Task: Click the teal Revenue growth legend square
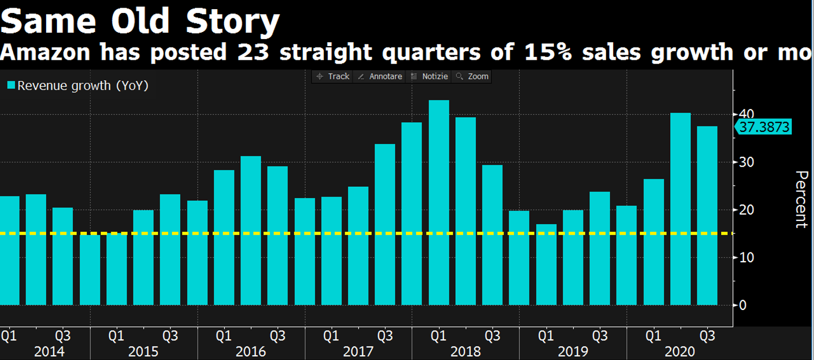click(11, 85)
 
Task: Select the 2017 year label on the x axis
click(358, 352)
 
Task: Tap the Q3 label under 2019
click(599, 336)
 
